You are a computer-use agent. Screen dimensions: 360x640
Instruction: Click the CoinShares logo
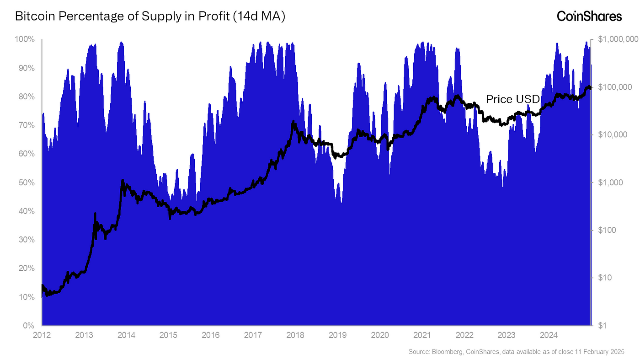tap(589, 16)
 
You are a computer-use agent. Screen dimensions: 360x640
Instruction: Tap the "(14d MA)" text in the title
tap(259, 16)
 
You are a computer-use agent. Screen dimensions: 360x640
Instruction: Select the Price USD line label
tap(512, 99)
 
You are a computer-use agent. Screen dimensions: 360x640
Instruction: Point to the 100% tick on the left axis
tap(26, 39)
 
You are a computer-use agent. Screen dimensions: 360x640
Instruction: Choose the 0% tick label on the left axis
tap(29, 326)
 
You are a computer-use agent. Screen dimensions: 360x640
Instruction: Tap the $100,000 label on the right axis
tap(614, 87)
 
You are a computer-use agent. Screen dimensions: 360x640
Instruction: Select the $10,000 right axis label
tap(612, 134)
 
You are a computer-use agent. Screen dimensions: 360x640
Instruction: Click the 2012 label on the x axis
tap(42, 335)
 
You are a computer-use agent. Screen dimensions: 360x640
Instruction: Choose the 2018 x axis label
tap(295, 335)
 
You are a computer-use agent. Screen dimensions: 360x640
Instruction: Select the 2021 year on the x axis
tap(422, 335)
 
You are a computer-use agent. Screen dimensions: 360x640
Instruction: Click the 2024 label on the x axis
tap(549, 335)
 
